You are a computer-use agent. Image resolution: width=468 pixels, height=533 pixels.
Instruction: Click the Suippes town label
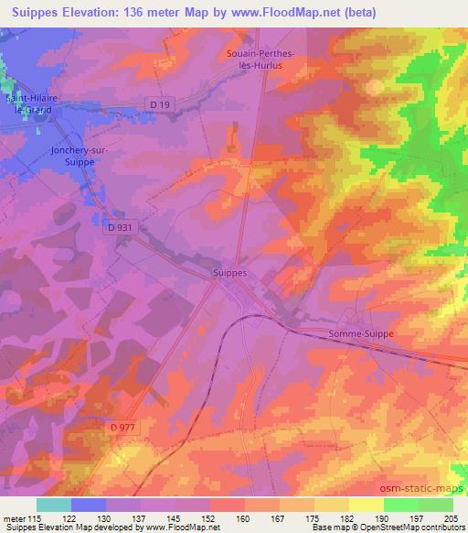[x=228, y=273]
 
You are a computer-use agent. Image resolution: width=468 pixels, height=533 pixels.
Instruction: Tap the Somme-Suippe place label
[x=361, y=334]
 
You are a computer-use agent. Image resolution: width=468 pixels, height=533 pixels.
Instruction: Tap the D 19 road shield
[x=159, y=105]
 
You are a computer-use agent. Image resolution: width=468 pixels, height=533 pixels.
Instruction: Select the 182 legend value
[x=333, y=517]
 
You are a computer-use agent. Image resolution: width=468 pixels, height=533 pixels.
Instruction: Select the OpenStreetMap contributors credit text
[x=409, y=528]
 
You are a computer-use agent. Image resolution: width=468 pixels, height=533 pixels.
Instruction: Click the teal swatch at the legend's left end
[x=53, y=505]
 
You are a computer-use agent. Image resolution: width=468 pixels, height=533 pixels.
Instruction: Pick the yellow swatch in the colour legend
[x=366, y=505]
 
